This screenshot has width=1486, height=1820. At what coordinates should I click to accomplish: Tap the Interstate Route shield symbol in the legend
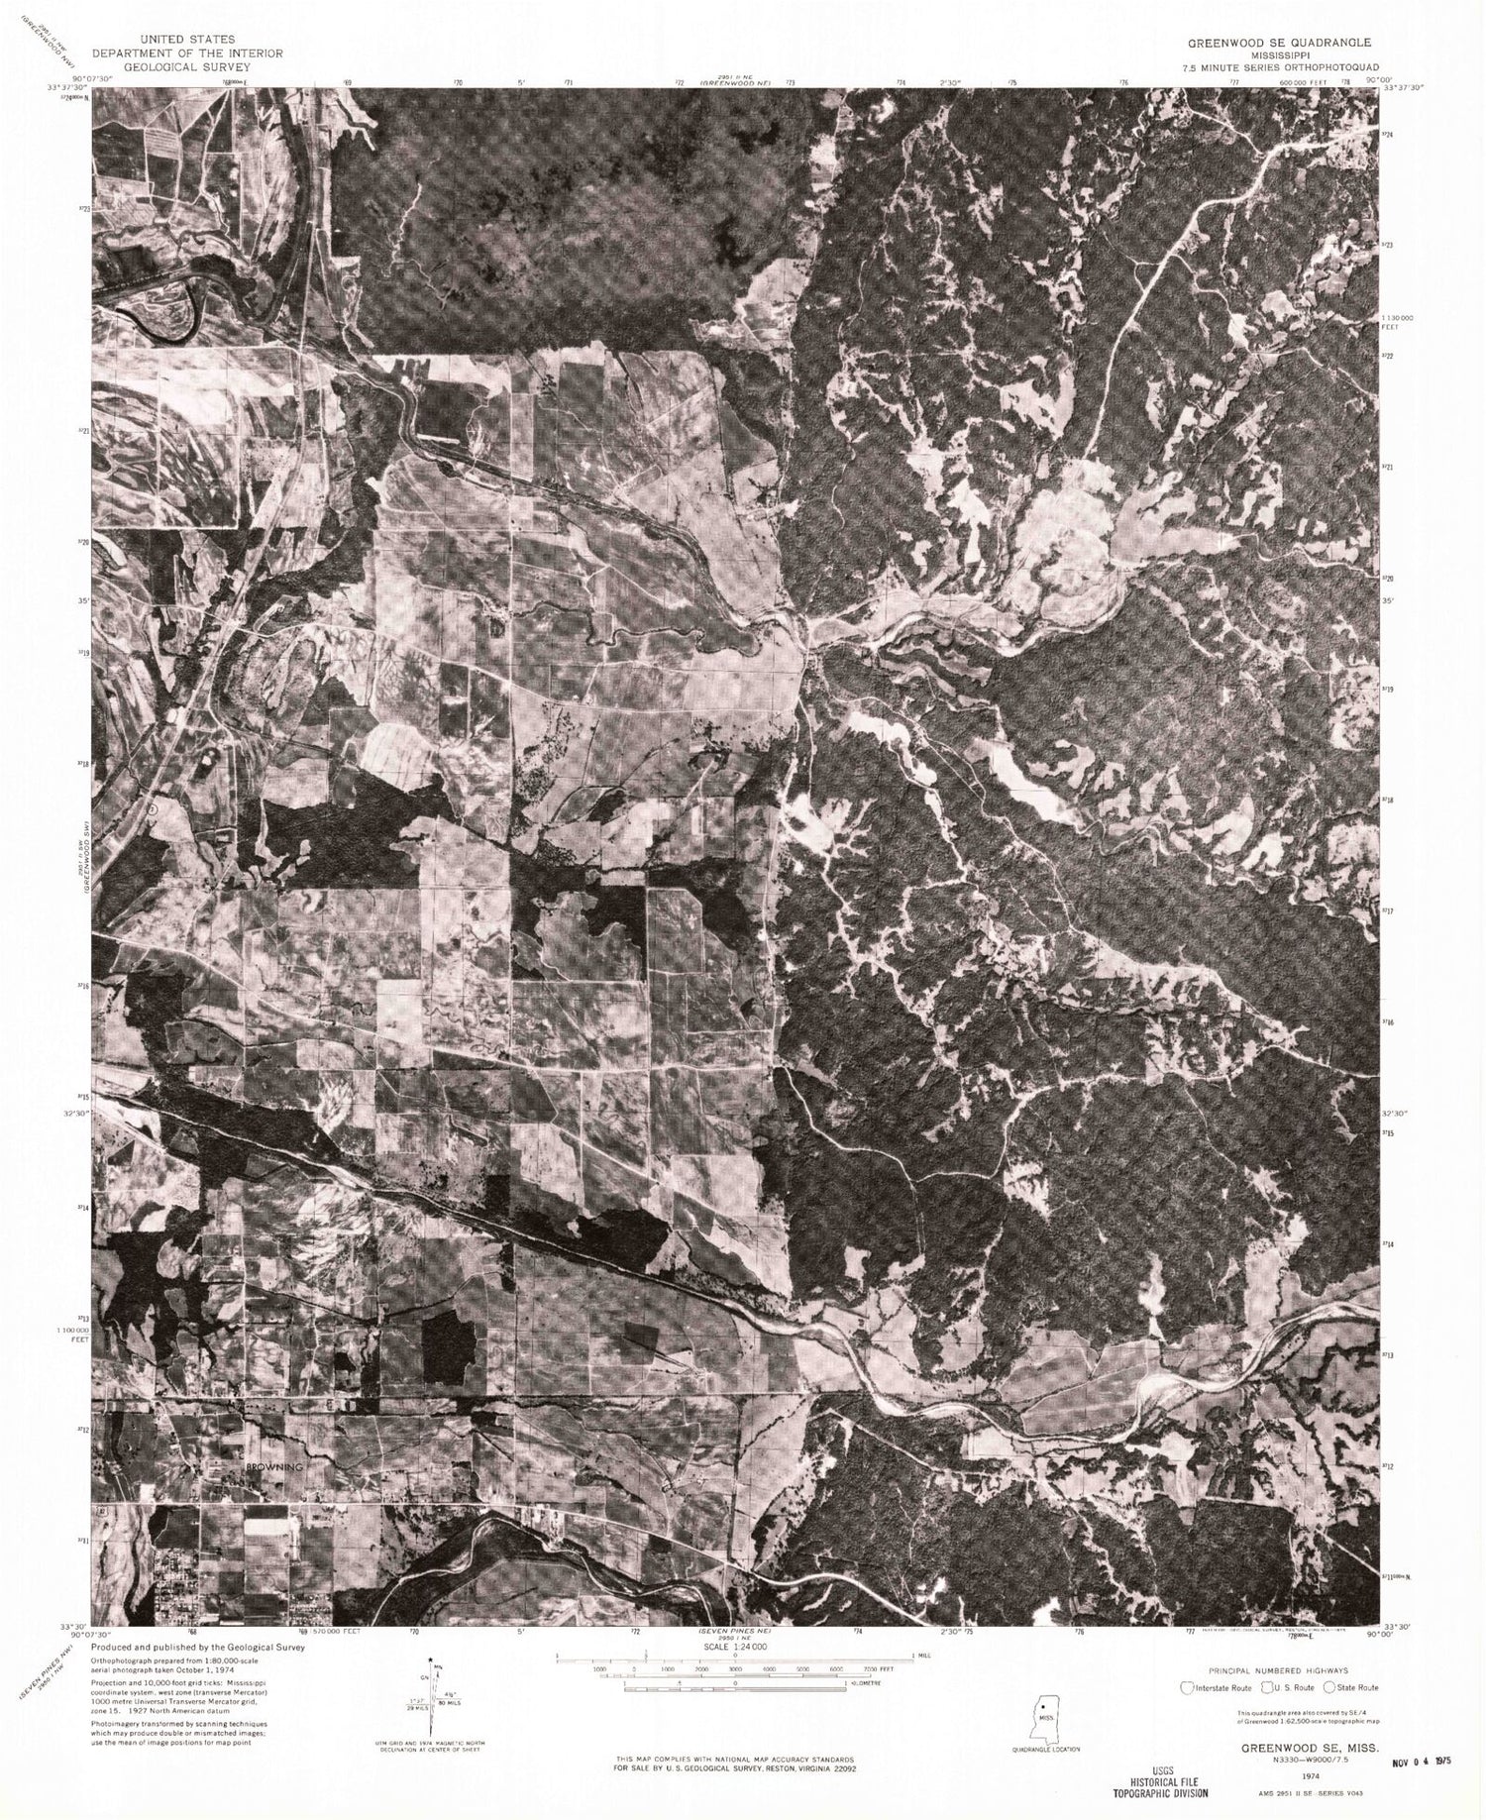1187,1687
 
